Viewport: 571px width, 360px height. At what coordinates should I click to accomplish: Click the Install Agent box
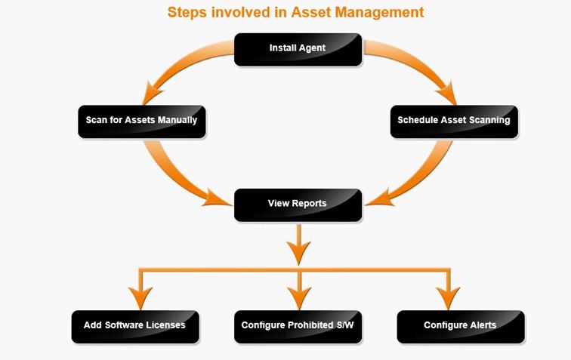(298, 50)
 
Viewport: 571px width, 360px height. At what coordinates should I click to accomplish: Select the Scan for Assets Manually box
(142, 122)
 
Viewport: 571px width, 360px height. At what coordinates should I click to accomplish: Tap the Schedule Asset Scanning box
(454, 122)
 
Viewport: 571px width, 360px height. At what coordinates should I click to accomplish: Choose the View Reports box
(298, 205)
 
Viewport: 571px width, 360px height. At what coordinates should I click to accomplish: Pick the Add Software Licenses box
(135, 327)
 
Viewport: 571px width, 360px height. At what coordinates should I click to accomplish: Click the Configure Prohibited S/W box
(298, 327)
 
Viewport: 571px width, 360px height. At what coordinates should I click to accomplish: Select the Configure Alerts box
(461, 327)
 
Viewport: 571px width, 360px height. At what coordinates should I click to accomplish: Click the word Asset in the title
(310, 12)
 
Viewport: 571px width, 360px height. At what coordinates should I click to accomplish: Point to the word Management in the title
(379, 13)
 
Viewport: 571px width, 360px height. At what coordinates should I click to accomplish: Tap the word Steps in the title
(187, 13)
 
